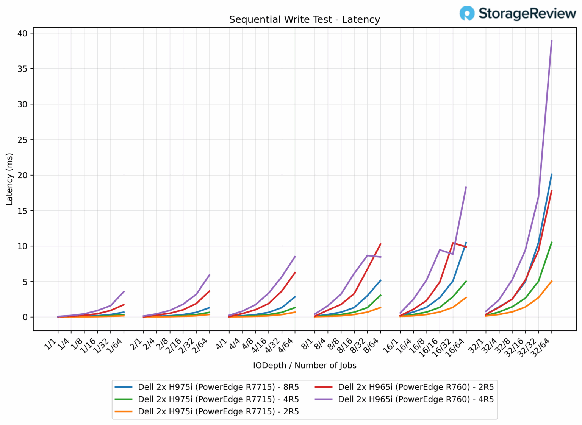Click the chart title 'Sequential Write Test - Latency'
(x=304, y=20)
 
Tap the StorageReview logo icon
(x=467, y=13)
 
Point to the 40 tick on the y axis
(x=22, y=33)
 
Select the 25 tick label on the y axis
(x=22, y=140)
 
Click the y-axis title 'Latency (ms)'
(x=9, y=179)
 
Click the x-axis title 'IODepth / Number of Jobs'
(x=305, y=366)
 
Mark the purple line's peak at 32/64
(x=552, y=41)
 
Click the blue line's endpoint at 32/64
(x=552, y=174)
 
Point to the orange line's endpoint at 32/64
(x=552, y=281)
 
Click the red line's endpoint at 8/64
(x=380, y=244)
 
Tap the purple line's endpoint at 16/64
(x=466, y=187)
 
